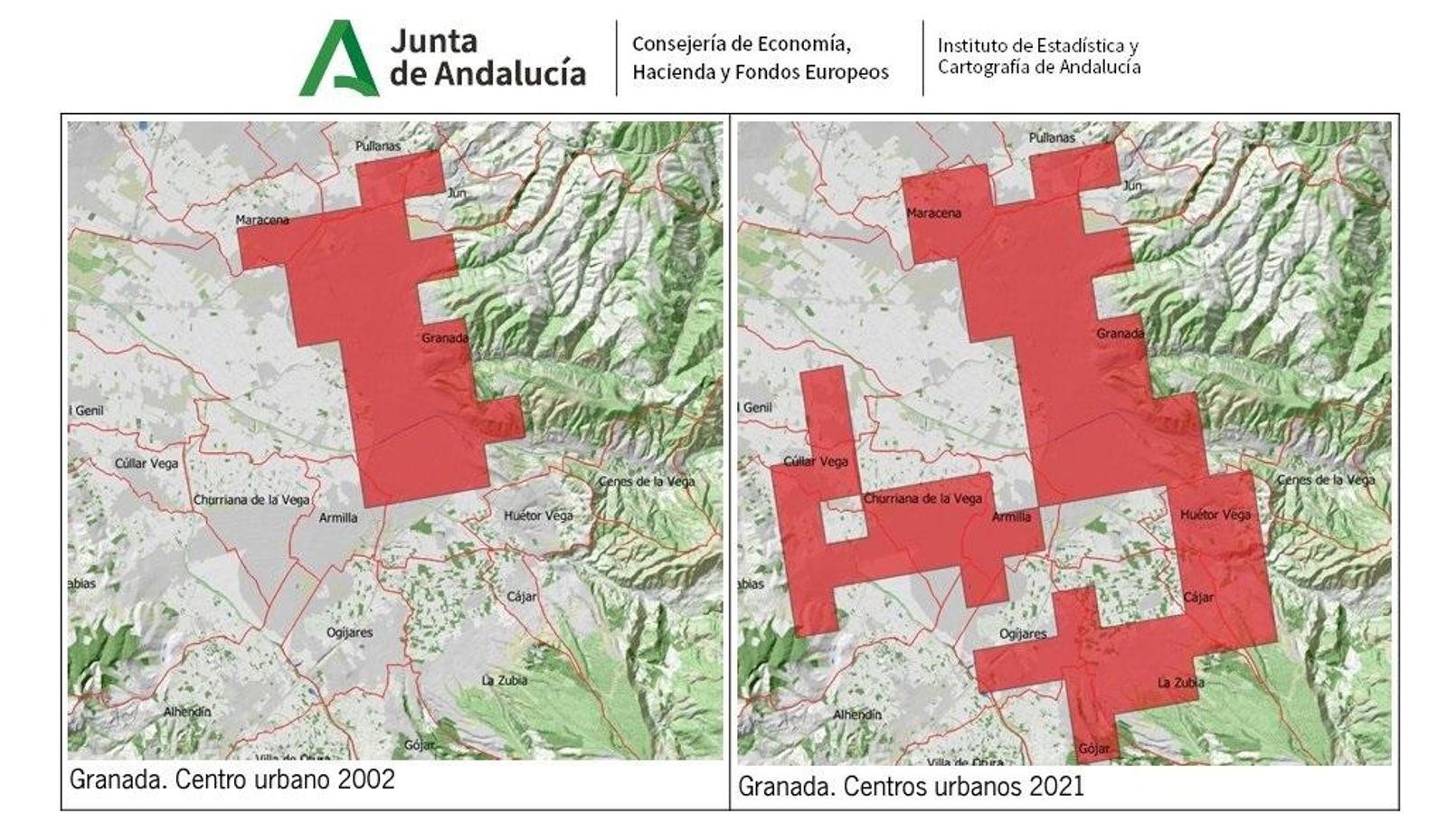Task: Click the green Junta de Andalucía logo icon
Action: tap(338, 59)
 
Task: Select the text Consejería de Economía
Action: tap(741, 44)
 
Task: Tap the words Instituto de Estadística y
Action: tap(1037, 45)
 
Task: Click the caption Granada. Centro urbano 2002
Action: tap(232, 780)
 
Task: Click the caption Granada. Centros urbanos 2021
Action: tap(911, 786)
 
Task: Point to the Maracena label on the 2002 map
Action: tap(262, 220)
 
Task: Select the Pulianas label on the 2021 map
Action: tap(1052, 137)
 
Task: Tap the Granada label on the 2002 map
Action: tap(445, 338)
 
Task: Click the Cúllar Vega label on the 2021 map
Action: tap(816, 461)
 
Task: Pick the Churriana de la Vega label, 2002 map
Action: tap(251, 499)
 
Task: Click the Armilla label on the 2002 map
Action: tap(338, 517)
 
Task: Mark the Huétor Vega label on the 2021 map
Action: tap(1215, 515)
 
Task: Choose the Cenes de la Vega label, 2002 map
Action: tap(647, 481)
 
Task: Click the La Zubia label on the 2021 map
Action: tap(1180, 682)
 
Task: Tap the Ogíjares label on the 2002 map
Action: tap(350, 632)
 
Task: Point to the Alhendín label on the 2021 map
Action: tap(856, 715)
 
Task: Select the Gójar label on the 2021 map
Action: tap(1092, 749)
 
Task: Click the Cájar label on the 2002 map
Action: tap(522, 597)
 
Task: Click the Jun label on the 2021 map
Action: tap(1131, 185)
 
